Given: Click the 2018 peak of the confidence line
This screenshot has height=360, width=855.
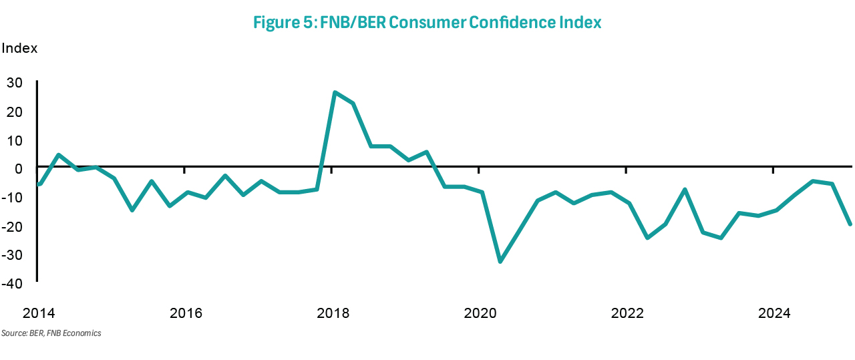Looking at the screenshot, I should [x=335, y=92].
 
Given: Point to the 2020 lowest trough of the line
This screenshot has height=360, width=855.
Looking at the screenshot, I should [x=500, y=261].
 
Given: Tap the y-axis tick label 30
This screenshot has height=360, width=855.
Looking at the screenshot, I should [x=14, y=83].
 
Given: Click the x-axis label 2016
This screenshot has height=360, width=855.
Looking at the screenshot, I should [x=186, y=313].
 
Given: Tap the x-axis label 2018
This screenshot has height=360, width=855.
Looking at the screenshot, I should [x=333, y=313].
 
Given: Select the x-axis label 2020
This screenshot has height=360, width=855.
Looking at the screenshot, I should [x=480, y=313].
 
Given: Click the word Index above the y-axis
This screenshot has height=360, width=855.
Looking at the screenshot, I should [x=19, y=49].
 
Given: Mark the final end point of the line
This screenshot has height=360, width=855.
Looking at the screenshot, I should [x=850, y=224].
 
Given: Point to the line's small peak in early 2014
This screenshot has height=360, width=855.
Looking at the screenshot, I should [x=59, y=155].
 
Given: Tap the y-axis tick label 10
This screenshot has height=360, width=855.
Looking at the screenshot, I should [x=14, y=140].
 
